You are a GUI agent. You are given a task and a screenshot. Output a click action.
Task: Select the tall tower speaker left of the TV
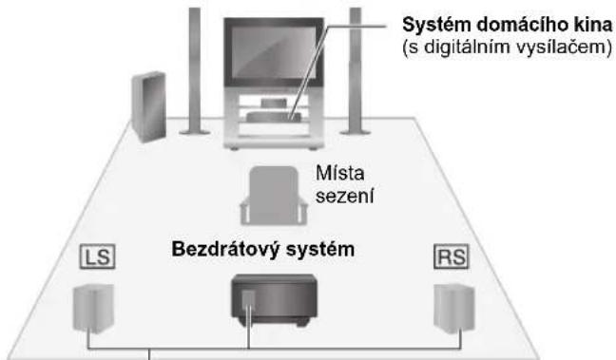pyautogui.click(x=192, y=71)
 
